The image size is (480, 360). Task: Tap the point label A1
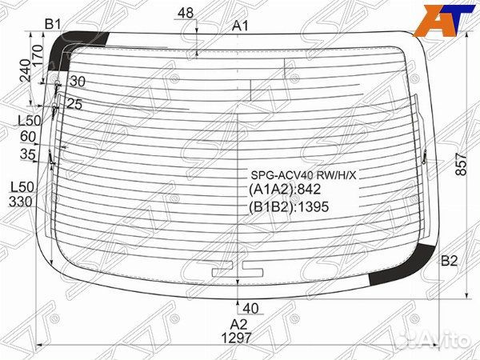click(x=241, y=26)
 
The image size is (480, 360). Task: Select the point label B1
click(x=54, y=24)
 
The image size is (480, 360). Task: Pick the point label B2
click(x=449, y=261)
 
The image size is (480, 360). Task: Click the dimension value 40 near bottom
click(x=250, y=308)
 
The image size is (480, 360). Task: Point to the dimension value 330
click(x=21, y=202)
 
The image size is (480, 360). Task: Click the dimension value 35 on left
click(x=29, y=154)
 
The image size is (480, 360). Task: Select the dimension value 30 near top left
click(x=77, y=82)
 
